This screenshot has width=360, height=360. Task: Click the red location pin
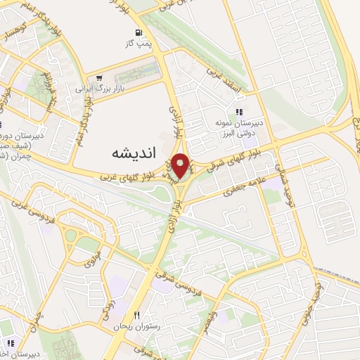181,166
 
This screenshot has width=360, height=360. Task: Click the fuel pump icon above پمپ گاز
139,32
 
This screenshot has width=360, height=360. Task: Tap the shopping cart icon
98,77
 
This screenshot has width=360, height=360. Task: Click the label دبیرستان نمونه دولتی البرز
239,128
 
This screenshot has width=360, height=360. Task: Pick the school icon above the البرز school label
239,111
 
